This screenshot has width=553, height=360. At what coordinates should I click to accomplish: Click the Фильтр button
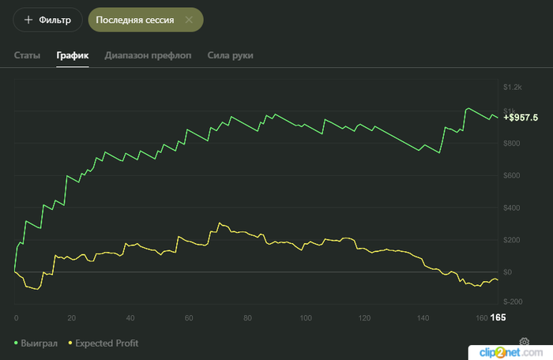coord(47,20)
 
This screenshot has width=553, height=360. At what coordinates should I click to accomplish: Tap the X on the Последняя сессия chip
coord(189,20)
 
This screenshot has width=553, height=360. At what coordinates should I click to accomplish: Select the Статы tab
coord(27,55)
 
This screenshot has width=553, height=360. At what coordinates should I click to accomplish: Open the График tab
coord(73,55)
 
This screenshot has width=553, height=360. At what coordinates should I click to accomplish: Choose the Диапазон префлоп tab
coord(149,55)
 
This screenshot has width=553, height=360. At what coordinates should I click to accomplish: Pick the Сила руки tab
coord(231,55)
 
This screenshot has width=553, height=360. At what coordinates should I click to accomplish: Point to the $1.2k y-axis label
coord(513,87)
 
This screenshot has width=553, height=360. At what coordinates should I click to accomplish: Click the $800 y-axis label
coord(511,143)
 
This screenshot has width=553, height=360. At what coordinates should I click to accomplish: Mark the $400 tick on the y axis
coord(511,208)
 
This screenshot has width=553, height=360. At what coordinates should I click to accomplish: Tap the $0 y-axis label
coord(507,272)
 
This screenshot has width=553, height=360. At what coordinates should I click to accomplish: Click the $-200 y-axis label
coord(513,302)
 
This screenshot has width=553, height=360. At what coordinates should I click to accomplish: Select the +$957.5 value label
coord(521,118)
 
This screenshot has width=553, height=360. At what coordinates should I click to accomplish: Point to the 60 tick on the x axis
coord(189,318)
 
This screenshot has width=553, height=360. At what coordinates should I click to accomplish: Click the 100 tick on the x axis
coord(306,318)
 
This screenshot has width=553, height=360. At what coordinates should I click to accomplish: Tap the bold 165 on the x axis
coord(498,317)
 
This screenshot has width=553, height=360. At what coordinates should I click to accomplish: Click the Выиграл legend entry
coord(36,343)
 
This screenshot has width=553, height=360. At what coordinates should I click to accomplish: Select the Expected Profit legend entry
coord(103,343)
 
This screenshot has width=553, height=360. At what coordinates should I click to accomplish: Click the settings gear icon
coord(525,341)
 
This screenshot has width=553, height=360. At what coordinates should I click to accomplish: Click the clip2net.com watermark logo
coord(510,352)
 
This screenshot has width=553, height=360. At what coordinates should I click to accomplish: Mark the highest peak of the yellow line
coord(220,223)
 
